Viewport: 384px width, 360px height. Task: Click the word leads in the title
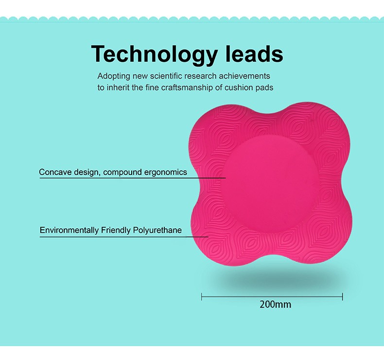[x=254, y=53]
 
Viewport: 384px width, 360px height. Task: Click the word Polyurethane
[x=157, y=230]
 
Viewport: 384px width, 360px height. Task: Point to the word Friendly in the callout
[x=116, y=230]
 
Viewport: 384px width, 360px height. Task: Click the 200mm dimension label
[x=275, y=305]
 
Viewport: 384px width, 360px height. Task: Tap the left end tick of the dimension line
[x=202, y=297]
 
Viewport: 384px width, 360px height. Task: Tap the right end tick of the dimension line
[x=342, y=297]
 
